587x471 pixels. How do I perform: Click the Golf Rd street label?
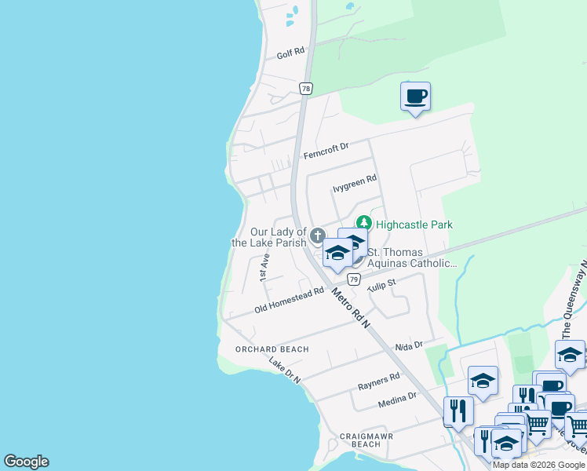[x=290, y=56]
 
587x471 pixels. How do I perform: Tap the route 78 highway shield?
[x=306, y=89]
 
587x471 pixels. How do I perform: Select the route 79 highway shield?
[x=354, y=279]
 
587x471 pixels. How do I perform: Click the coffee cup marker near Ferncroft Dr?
[x=415, y=97]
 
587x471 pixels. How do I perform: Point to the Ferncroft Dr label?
[x=325, y=150]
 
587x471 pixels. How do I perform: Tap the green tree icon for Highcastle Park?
[x=363, y=224]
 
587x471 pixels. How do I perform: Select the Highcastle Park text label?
[x=414, y=225]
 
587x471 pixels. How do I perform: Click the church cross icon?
[x=317, y=235]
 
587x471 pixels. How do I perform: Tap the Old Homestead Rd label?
[x=289, y=301]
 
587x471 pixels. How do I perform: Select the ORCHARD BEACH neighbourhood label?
[x=272, y=349]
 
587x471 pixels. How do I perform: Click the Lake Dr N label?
[x=284, y=371]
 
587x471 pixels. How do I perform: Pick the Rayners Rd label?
[x=378, y=381]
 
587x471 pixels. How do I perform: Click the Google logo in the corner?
[x=27, y=462]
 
